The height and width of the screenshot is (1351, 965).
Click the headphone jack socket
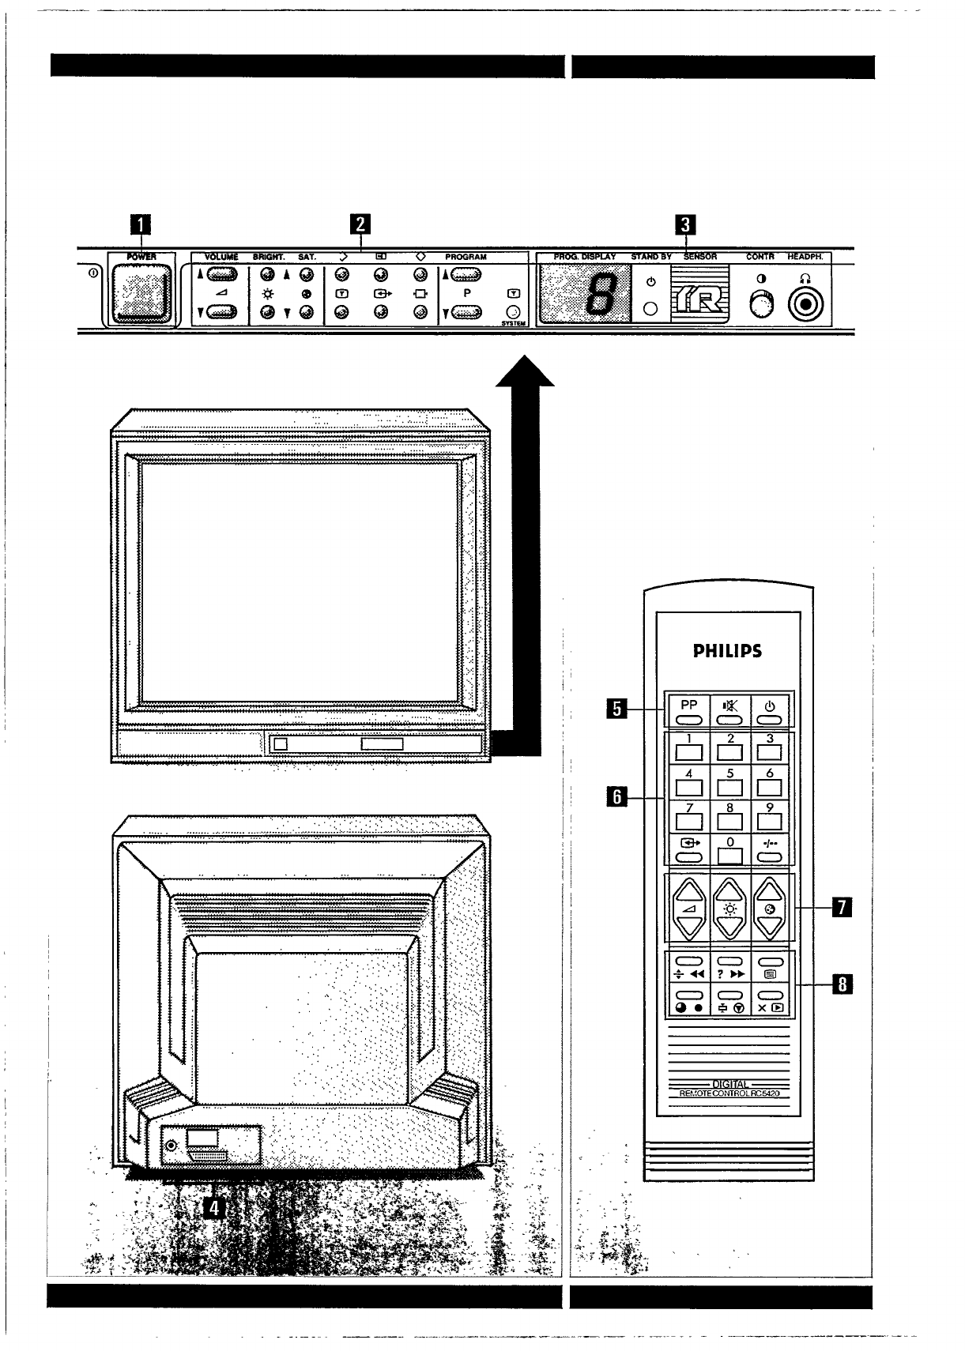click(806, 303)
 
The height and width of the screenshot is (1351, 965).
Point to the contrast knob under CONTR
click(761, 303)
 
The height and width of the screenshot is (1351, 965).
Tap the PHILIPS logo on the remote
click(727, 651)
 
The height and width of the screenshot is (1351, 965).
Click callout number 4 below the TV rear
click(213, 1206)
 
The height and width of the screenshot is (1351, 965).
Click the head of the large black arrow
click(525, 373)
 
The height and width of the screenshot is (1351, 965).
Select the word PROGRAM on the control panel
click(466, 257)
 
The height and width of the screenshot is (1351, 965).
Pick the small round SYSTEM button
click(513, 312)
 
